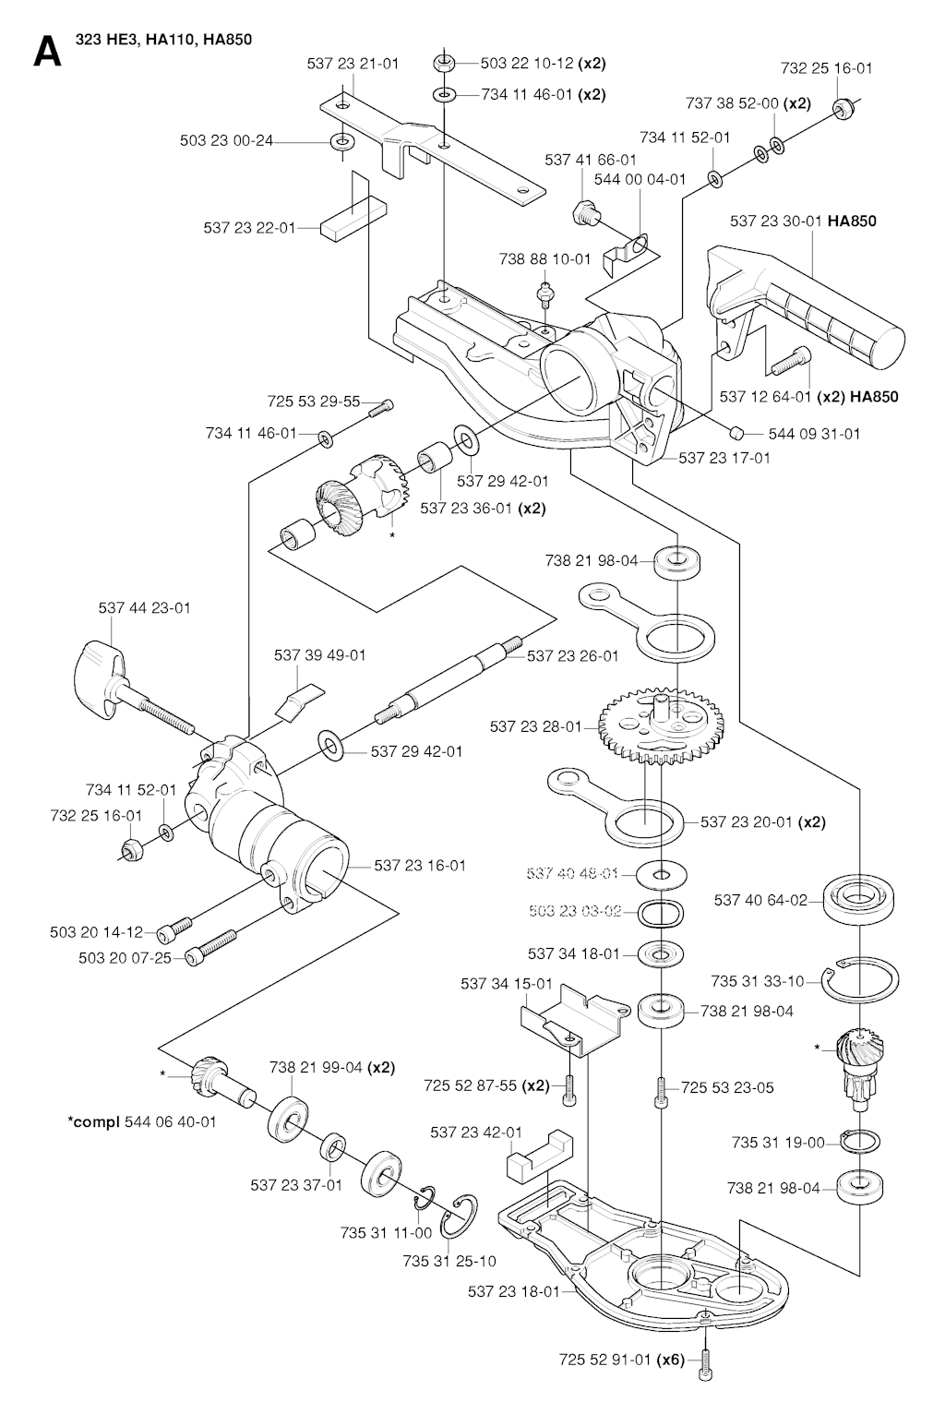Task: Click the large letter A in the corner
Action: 47,53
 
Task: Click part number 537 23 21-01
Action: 353,64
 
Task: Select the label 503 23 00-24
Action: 226,141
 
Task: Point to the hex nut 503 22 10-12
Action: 442,64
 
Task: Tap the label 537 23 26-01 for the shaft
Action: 572,655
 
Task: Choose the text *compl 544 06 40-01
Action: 142,1121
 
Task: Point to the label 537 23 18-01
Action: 513,1291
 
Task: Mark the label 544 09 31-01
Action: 813,434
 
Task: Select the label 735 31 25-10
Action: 449,1261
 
